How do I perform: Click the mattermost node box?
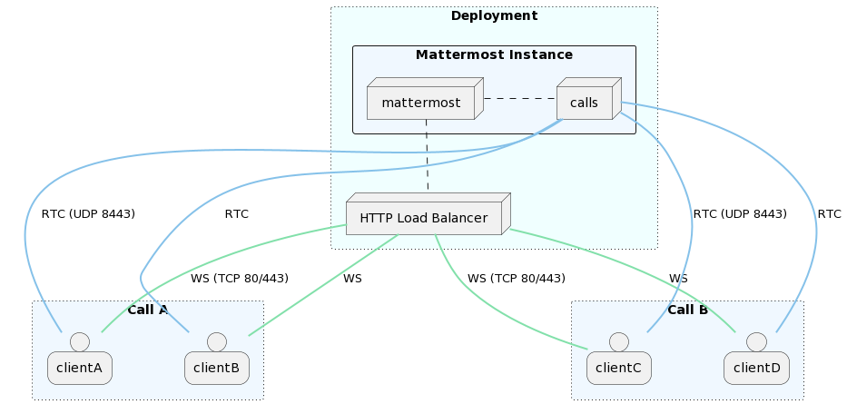tap(420, 103)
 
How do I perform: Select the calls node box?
tap(584, 103)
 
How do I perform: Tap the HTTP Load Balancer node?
tap(423, 218)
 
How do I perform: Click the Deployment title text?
tap(494, 15)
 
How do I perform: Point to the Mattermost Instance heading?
tap(494, 55)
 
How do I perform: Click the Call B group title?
tap(687, 310)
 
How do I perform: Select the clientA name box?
tap(79, 369)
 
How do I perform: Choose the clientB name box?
tap(217, 369)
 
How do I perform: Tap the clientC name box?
tap(619, 369)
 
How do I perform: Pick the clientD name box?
tap(756, 369)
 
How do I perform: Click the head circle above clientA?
tap(79, 341)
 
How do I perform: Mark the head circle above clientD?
tap(756, 341)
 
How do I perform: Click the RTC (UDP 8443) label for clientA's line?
tap(88, 214)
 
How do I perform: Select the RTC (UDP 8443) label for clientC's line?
tap(740, 214)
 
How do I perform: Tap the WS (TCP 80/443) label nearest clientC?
tap(517, 279)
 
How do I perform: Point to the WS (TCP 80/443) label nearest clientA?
tap(240, 279)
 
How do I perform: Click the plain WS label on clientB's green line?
tap(352, 279)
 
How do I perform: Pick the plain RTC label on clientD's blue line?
tap(829, 214)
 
